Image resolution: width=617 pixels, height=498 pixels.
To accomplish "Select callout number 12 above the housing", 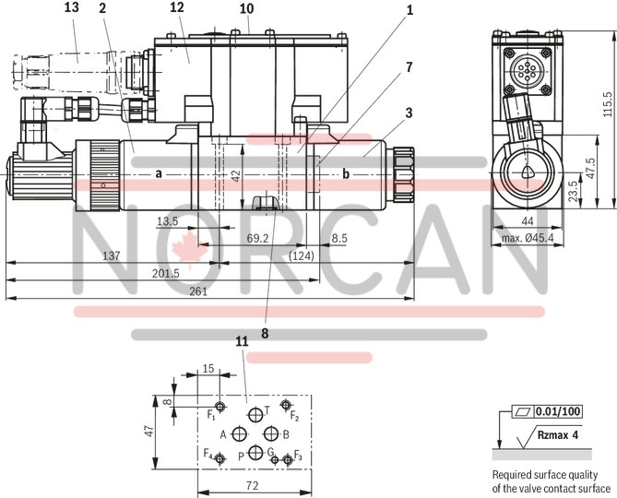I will click(177, 8).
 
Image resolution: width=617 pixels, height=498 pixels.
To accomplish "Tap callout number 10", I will click(245, 8).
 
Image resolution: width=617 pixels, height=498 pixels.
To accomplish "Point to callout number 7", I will click(408, 67).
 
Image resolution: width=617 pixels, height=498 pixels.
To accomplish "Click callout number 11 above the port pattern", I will click(242, 341).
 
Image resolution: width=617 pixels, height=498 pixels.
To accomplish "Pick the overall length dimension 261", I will click(199, 290).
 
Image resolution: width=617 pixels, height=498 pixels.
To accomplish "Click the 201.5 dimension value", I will click(163, 272).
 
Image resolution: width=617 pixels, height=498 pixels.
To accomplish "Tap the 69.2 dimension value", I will click(256, 237).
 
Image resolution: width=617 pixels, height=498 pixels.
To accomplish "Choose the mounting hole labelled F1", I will click(220, 407).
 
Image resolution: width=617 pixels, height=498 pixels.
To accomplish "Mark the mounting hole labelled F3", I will click(288, 459).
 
